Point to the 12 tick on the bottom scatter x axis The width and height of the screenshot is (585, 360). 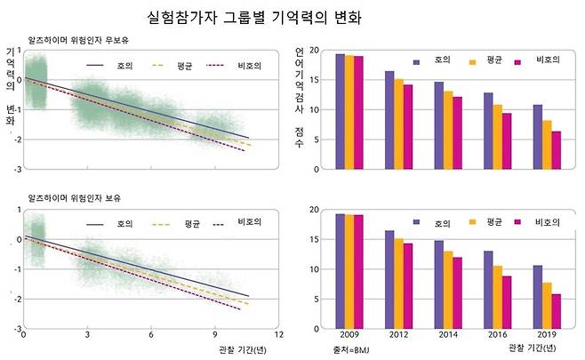tap(280, 335)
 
